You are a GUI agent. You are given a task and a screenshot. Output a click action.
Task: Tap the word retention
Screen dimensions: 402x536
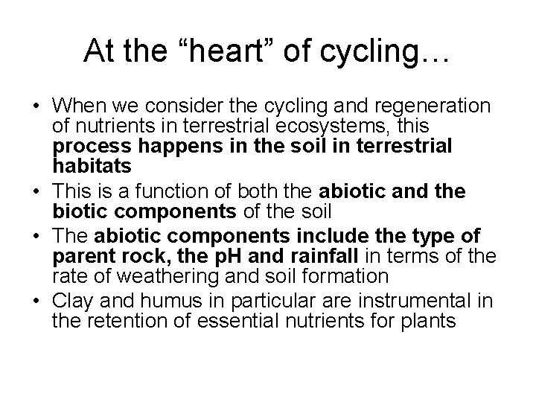pos(119,322)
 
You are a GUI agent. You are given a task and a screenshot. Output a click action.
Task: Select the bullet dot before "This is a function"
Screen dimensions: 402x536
pos(36,192)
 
